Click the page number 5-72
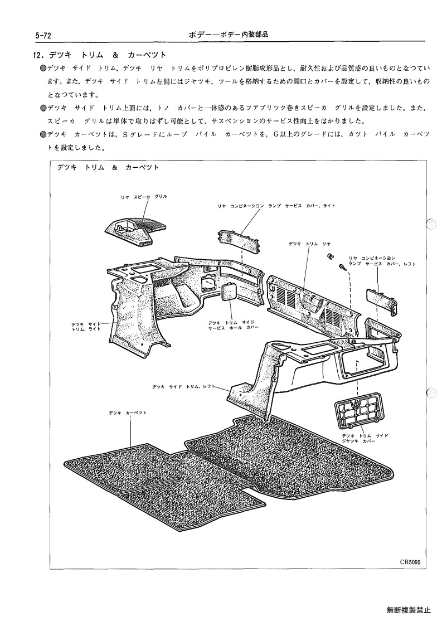coord(43,36)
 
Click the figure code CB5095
coord(410,562)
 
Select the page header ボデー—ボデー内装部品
coord(229,35)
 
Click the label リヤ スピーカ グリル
coord(144,197)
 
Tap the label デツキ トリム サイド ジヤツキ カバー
coord(365,438)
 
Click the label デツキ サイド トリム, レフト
coord(184,386)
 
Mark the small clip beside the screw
coord(330,255)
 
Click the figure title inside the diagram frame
coord(108,168)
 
